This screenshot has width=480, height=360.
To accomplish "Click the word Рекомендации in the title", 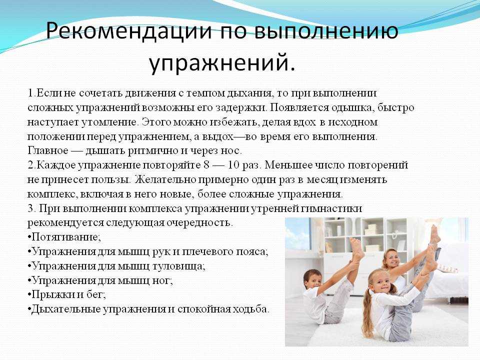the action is point(129,30).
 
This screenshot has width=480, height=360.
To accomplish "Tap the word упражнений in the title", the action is point(222,63).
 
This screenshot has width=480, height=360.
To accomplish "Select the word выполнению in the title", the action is point(326,30).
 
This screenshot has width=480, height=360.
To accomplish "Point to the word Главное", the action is point(48,150).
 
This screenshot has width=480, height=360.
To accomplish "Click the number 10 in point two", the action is point(233,165).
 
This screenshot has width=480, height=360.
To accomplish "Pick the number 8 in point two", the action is point(206,165).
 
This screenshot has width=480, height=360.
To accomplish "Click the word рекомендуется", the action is point(65,223).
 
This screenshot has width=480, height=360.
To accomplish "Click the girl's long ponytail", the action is point(366,312).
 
